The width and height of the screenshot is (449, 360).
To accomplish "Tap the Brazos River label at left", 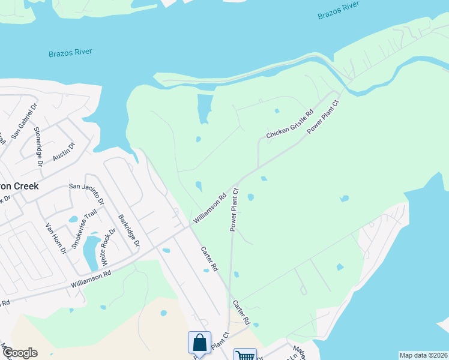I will click(x=70, y=53).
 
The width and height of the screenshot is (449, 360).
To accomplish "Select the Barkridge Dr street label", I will click(x=128, y=231).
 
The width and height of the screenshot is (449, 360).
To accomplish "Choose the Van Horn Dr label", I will click(x=55, y=238).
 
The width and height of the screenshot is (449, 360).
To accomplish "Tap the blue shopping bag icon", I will click(x=200, y=343).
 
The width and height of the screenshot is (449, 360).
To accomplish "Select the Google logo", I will click(x=19, y=353).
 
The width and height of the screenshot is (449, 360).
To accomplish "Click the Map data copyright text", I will click(x=423, y=355).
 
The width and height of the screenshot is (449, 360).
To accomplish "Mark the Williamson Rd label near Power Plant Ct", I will click(x=209, y=208).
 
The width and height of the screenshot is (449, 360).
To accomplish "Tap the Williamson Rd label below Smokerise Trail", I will click(x=91, y=277).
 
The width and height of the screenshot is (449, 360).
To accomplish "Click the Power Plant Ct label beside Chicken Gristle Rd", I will click(x=324, y=117).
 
